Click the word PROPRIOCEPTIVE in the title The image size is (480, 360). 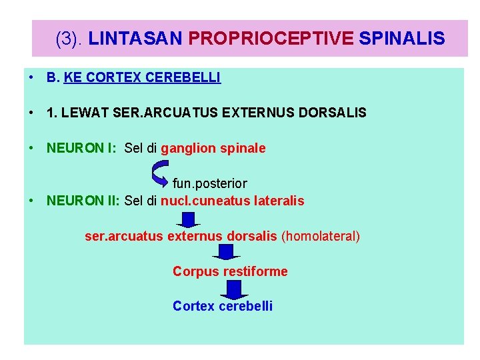coord(271,39)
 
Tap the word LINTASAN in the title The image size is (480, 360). coord(135,39)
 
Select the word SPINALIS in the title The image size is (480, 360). coord(401,39)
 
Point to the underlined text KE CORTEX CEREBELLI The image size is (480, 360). coord(142,78)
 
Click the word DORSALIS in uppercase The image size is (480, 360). coord(333,113)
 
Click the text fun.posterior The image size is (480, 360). coord(209,183)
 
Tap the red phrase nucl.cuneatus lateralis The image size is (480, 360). coord(232,201)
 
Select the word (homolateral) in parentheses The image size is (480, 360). coord(321,236)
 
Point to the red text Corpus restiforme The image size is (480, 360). coord(230,271)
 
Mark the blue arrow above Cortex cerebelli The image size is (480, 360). coord(233,289)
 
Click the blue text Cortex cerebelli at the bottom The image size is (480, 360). coord(222,306)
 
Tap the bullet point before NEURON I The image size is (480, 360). coord(31,148)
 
